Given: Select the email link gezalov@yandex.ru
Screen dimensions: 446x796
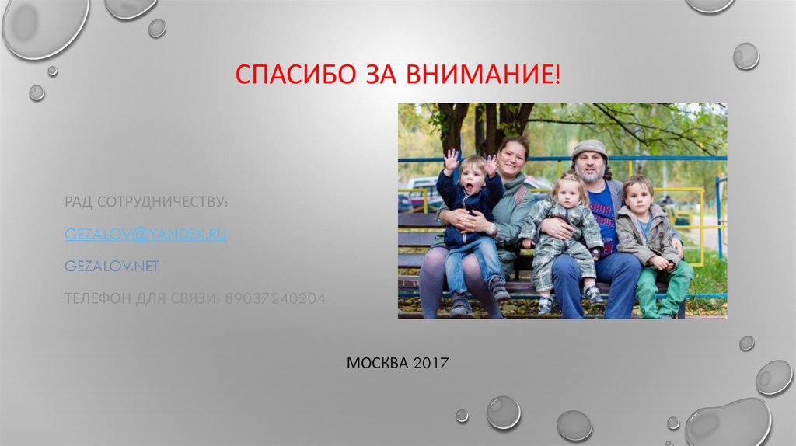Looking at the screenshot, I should (145, 234).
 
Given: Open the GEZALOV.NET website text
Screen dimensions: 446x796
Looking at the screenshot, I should (112, 266).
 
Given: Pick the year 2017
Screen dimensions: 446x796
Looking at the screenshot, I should (431, 363).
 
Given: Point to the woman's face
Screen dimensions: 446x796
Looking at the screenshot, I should (513, 157).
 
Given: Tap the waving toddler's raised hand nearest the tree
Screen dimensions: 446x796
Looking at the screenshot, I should (451, 160).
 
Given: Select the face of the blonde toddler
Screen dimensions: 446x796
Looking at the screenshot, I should (565, 191).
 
